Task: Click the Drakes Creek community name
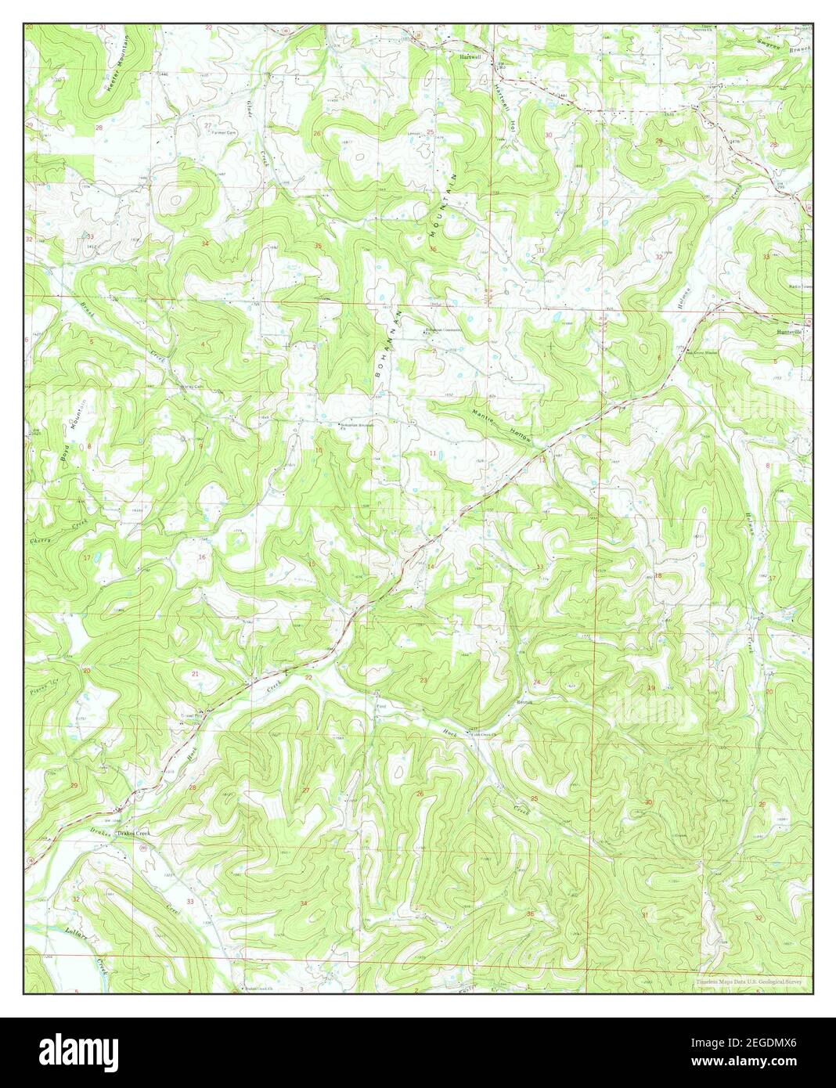pos(133,834)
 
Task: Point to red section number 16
pos(202,557)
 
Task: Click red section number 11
pos(431,454)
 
